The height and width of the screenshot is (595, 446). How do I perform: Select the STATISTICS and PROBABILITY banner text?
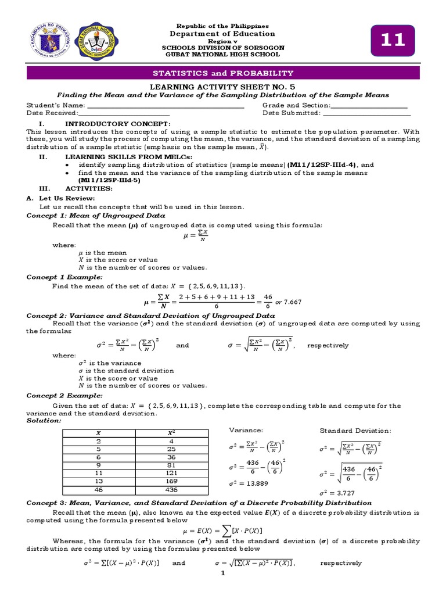[223, 73]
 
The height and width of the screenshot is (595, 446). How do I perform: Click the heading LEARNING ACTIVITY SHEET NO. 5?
[223, 86]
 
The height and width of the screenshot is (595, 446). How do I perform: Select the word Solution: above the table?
[44, 420]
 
